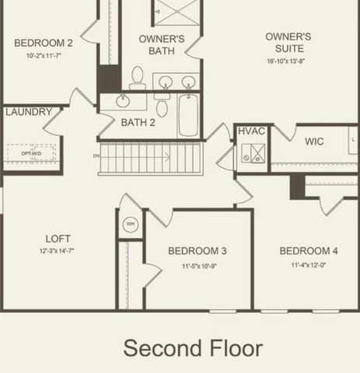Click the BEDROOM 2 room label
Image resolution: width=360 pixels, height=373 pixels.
click(44, 44)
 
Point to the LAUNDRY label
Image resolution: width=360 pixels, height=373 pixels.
click(29, 112)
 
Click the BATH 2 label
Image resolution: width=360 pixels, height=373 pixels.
click(138, 122)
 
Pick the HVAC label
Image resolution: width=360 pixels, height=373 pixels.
click(252, 132)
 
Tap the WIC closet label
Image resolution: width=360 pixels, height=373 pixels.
click(314, 141)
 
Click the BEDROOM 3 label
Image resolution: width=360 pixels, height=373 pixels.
click(197, 251)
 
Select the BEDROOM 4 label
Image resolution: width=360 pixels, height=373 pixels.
click(309, 251)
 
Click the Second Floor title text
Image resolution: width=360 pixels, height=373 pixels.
click(192, 347)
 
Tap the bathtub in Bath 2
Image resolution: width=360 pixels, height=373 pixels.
click(189, 115)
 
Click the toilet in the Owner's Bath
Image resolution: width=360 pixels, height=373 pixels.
click(138, 76)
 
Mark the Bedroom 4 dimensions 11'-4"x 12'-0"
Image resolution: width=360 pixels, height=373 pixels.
click(309, 265)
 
